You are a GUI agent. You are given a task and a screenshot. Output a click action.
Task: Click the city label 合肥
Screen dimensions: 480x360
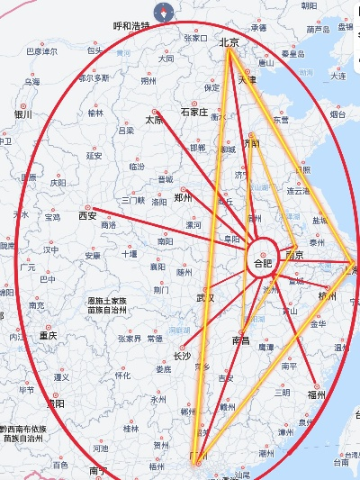pyautogui.click(x=262, y=264)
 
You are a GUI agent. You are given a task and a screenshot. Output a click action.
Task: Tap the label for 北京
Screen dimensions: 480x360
pyautogui.click(x=229, y=41)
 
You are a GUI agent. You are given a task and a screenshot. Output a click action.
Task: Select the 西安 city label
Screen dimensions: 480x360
pyautogui.click(x=87, y=216)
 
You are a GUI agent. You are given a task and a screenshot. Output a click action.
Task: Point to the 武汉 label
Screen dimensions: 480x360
pyautogui.click(x=206, y=298)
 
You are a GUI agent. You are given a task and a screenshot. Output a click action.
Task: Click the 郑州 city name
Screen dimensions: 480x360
pyautogui.click(x=184, y=197)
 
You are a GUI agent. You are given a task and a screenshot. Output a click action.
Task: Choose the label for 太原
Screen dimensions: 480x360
pyautogui.click(x=155, y=120)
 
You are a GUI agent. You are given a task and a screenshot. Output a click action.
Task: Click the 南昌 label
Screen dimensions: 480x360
pyautogui.click(x=240, y=340)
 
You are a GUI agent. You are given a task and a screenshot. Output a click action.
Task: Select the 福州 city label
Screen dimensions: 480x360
pyautogui.click(x=315, y=394)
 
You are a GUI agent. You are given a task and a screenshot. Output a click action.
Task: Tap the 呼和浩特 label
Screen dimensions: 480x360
pyautogui.click(x=132, y=27)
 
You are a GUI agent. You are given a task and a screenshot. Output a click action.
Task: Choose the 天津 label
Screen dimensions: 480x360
pyautogui.click(x=247, y=79)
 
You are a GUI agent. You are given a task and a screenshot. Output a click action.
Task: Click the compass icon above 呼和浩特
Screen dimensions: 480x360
pyautogui.click(x=164, y=12)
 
